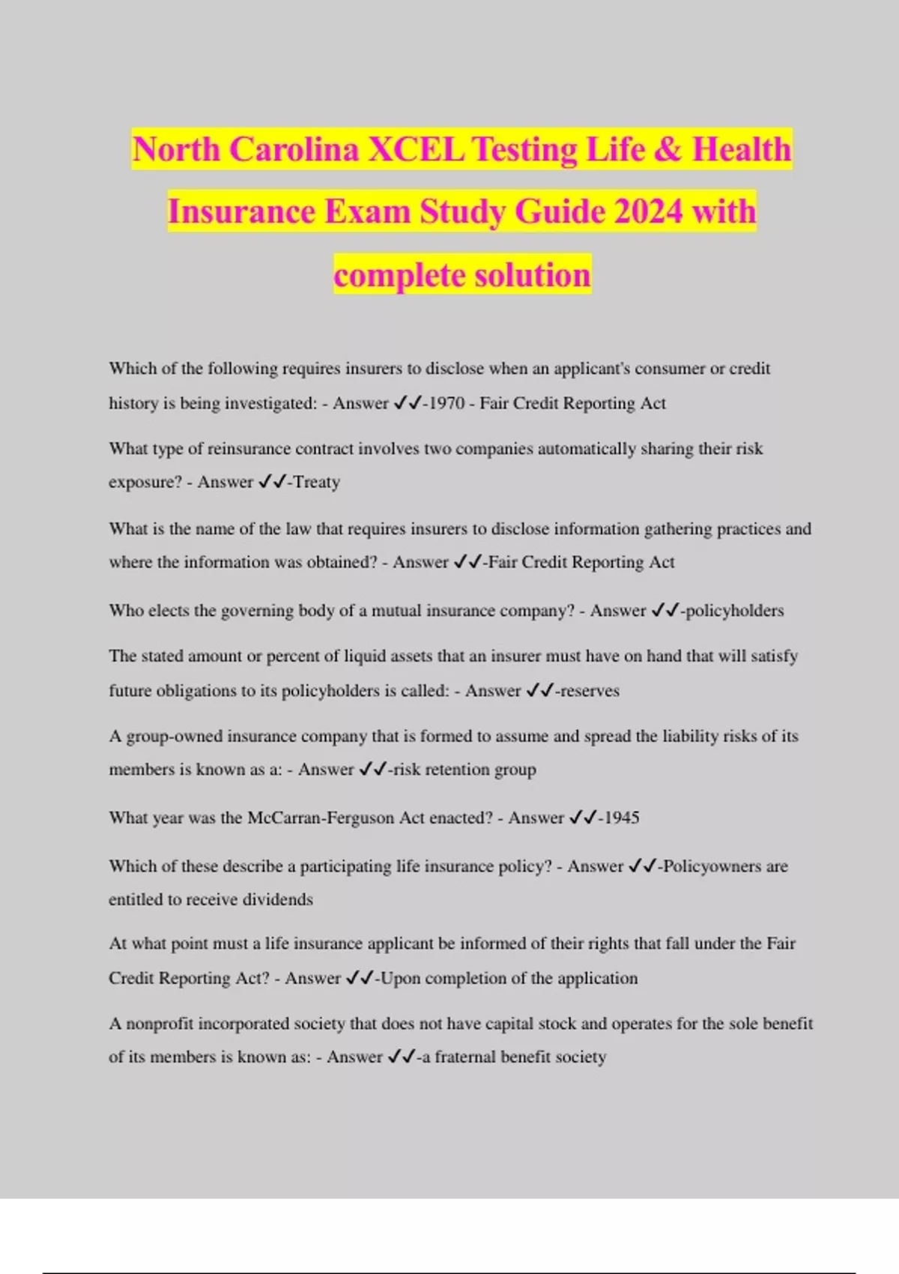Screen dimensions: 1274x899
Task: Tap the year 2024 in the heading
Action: [648, 211]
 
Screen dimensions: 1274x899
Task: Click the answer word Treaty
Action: [317, 482]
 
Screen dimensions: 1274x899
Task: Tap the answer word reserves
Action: [590, 691]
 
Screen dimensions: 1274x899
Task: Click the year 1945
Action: [621, 818]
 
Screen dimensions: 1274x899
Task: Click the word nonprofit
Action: [159, 1024]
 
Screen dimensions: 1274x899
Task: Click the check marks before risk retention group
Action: [373, 770]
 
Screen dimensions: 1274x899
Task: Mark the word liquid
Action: [363, 656]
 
